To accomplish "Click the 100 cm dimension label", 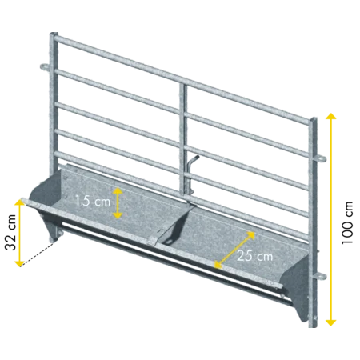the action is click(x=348, y=223).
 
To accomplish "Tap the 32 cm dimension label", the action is click(x=11, y=232).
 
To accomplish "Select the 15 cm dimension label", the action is click(x=93, y=201).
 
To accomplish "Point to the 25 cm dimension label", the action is click(x=255, y=256).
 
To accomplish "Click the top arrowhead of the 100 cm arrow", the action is click(x=330, y=116).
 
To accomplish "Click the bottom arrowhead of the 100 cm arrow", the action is click(x=330, y=322).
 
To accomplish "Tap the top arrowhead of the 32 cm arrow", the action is click(x=19, y=202).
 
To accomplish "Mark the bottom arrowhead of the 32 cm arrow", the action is click(x=19, y=263).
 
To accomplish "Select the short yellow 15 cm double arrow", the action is click(x=118, y=203).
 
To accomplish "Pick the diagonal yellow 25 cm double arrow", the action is click(x=234, y=250).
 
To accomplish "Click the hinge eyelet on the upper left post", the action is click(x=45, y=66).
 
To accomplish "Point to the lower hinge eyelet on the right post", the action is click(x=320, y=276).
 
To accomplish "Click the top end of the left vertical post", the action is click(x=54, y=33).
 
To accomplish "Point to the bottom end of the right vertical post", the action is click(x=313, y=326).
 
